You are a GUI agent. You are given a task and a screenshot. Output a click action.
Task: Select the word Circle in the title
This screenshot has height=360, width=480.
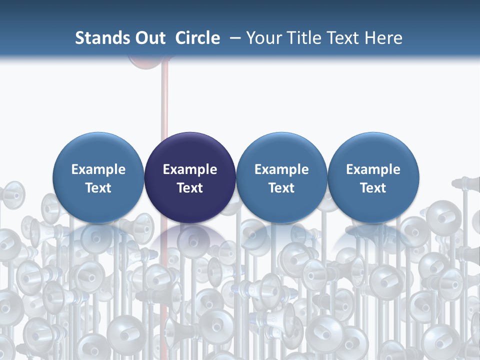tap(197, 38)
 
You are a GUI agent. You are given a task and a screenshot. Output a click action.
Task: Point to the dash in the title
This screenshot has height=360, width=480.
tap(233, 38)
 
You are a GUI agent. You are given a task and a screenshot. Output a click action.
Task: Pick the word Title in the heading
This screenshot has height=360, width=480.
tap(304, 38)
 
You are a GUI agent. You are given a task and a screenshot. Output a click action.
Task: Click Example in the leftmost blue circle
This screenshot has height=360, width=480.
tap(98, 169)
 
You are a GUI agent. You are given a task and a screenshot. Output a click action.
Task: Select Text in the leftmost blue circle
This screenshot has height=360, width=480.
tap(98, 188)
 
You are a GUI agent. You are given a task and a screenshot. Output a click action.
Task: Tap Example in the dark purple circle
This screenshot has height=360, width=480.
tap(190, 169)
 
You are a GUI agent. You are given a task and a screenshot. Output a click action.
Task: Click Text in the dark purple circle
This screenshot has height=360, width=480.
tap(190, 188)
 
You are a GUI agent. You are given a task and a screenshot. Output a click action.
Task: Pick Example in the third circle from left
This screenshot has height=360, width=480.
tap(281, 169)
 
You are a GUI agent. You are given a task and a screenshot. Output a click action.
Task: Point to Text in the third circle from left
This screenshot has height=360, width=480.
tap(281, 188)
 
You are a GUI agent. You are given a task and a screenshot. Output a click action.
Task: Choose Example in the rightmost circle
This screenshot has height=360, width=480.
tap(373, 169)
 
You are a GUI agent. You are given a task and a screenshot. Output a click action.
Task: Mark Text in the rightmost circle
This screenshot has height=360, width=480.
tap(373, 188)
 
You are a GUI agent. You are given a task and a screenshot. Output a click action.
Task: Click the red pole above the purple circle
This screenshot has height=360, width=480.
tap(165, 100)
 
